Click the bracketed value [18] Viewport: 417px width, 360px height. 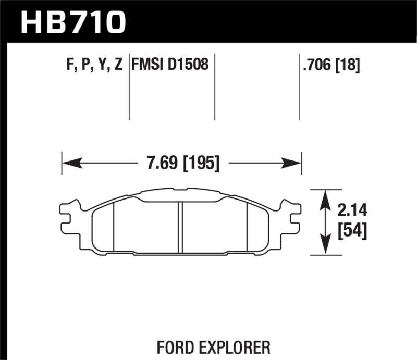[x=348, y=65]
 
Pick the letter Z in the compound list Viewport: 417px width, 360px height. [x=118, y=65]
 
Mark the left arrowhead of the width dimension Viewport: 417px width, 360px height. [x=71, y=164]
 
